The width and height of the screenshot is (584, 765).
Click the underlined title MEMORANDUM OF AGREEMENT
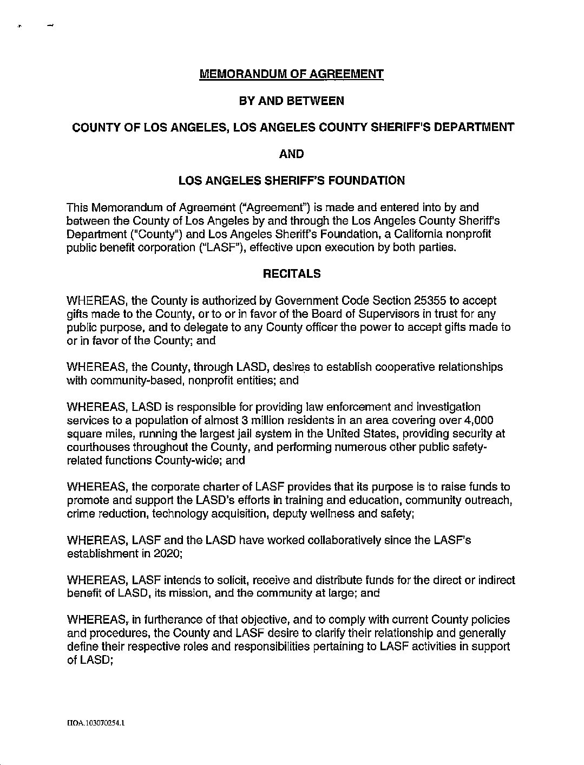[x=292, y=74]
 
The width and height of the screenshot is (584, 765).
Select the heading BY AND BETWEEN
[x=292, y=101]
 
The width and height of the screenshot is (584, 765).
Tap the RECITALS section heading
[x=292, y=274]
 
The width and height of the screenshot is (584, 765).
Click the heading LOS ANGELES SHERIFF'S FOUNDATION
[x=292, y=181]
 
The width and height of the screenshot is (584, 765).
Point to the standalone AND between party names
[x=292, y=154]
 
